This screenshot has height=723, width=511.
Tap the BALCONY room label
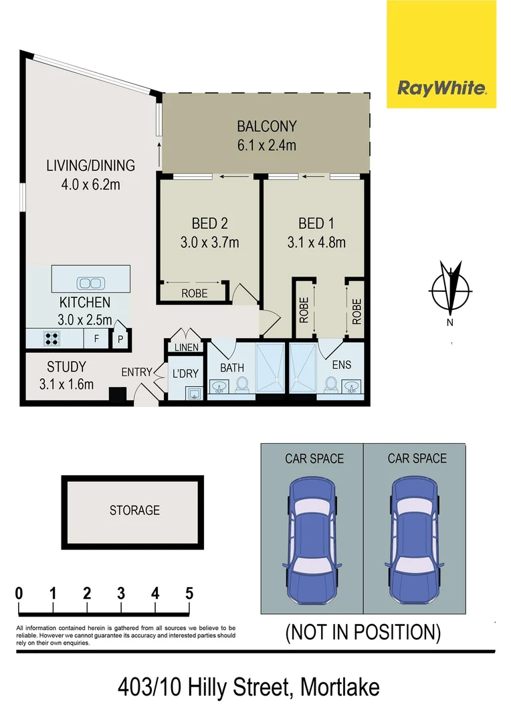[x=267, y=126]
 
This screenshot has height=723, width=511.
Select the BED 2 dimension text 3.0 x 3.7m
[x=210, y=242]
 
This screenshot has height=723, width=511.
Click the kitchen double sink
[x=88, y=283]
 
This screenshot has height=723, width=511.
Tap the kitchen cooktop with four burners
[x=51, y=339]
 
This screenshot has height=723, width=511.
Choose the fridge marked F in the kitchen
[x=96, y=339]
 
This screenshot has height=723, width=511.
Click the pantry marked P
[x=120, y=339]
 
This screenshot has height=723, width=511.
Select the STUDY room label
[x=66, y=367]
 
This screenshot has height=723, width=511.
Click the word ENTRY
[x=136, y=372]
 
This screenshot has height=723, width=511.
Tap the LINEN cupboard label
[x=187, y=348]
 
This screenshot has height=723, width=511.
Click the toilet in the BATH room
[x=242, y=385]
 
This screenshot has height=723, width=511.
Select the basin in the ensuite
[x=351, y=386]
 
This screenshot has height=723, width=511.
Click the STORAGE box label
[x=134, y=510]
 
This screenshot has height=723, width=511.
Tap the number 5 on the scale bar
[x=189, y=593]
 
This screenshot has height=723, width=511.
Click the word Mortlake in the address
[x=340, y=688]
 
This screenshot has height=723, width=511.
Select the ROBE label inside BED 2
[x=194, y=293]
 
